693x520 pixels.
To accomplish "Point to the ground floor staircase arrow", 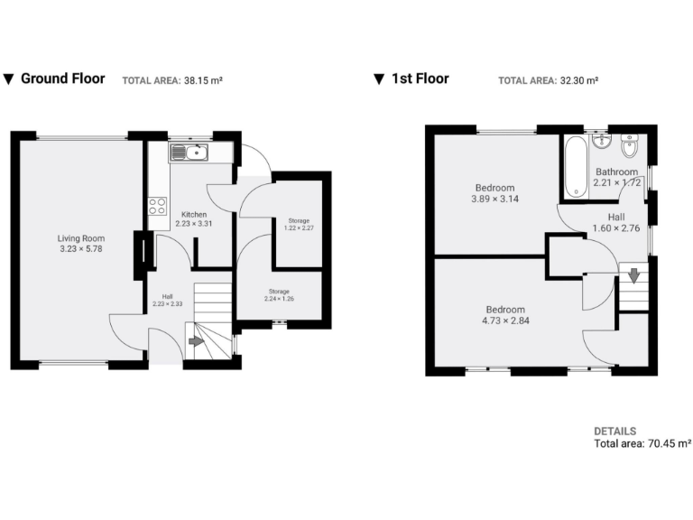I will pos(196,341).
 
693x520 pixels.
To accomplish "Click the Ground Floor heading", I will pos(62,79).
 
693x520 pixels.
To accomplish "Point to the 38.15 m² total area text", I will pos(203,80).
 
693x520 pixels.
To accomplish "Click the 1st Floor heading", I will pos(420,79).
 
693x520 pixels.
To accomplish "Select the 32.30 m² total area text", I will pos(579,80).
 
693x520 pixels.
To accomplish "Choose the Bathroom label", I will pos(616,172).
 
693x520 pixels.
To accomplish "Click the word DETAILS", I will pos(614,432).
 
